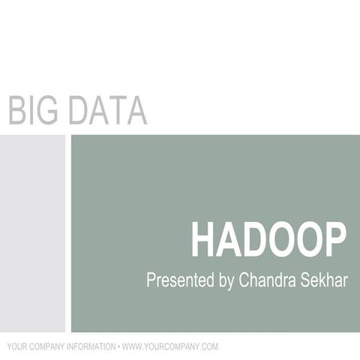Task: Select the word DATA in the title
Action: point(107,110)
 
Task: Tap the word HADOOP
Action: point(268,240)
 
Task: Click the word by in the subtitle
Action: point(226,282)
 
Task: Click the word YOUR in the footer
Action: point(16,346)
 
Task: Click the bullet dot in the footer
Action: point(118,346)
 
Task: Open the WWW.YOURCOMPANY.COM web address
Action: point(170,346)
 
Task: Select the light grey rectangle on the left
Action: point(32,232)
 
